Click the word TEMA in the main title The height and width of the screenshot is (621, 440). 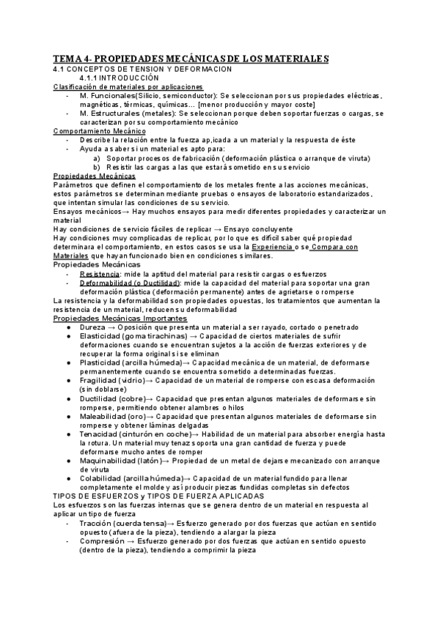point(68,59)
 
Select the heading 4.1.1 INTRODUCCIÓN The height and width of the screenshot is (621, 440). point(119,78)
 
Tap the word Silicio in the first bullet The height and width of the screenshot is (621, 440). point(160,97)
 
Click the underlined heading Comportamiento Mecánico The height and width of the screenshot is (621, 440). point(94,130)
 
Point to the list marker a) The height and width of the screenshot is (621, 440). point(98,157)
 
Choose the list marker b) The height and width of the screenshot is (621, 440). point(98,167)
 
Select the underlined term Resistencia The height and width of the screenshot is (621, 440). point(100,273)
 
